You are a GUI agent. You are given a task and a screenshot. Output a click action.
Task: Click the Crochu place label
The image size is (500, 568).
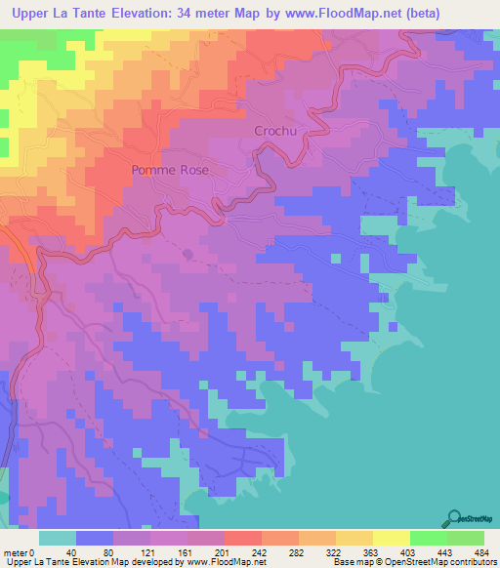pos(274,131)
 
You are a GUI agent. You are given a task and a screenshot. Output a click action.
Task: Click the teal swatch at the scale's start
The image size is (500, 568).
pos(58,538)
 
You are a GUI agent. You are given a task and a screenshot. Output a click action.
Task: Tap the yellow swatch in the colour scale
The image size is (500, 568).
pos(391,538)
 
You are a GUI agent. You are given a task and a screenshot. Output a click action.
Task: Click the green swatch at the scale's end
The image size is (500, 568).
pos(465,538)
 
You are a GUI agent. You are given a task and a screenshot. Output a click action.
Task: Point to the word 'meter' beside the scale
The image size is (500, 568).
pos(17,552)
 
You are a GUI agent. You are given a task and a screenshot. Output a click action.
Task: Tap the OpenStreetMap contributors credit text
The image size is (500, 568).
pos(438,562)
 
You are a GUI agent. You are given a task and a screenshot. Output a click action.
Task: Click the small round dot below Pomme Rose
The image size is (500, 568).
pos(187,252)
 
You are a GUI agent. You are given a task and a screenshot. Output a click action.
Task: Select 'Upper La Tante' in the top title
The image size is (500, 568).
pos(60,14)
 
